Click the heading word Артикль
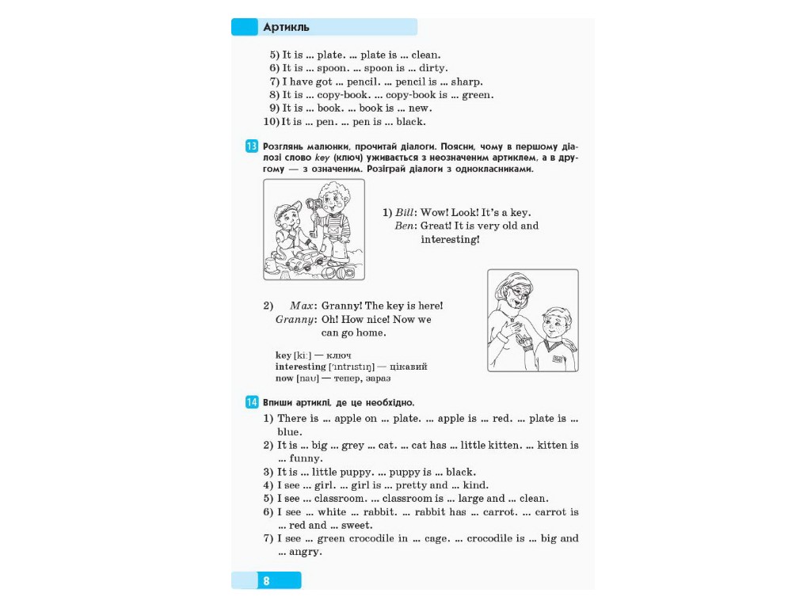click(286, 27)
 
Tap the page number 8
click(266, 580)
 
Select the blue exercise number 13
click(251, 146)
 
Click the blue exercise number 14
click(251, 401)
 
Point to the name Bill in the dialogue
click(405, 212)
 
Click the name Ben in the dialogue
click(404, 226)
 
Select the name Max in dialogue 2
click(302, 306)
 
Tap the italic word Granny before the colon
click(295, 320)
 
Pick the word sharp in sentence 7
click(466, 82)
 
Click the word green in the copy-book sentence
click(476, 95)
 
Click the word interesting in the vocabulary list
click(300, 367)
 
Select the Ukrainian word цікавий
click(408, 367)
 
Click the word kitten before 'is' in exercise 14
click(550, 445)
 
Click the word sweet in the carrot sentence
click(355, 526)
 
